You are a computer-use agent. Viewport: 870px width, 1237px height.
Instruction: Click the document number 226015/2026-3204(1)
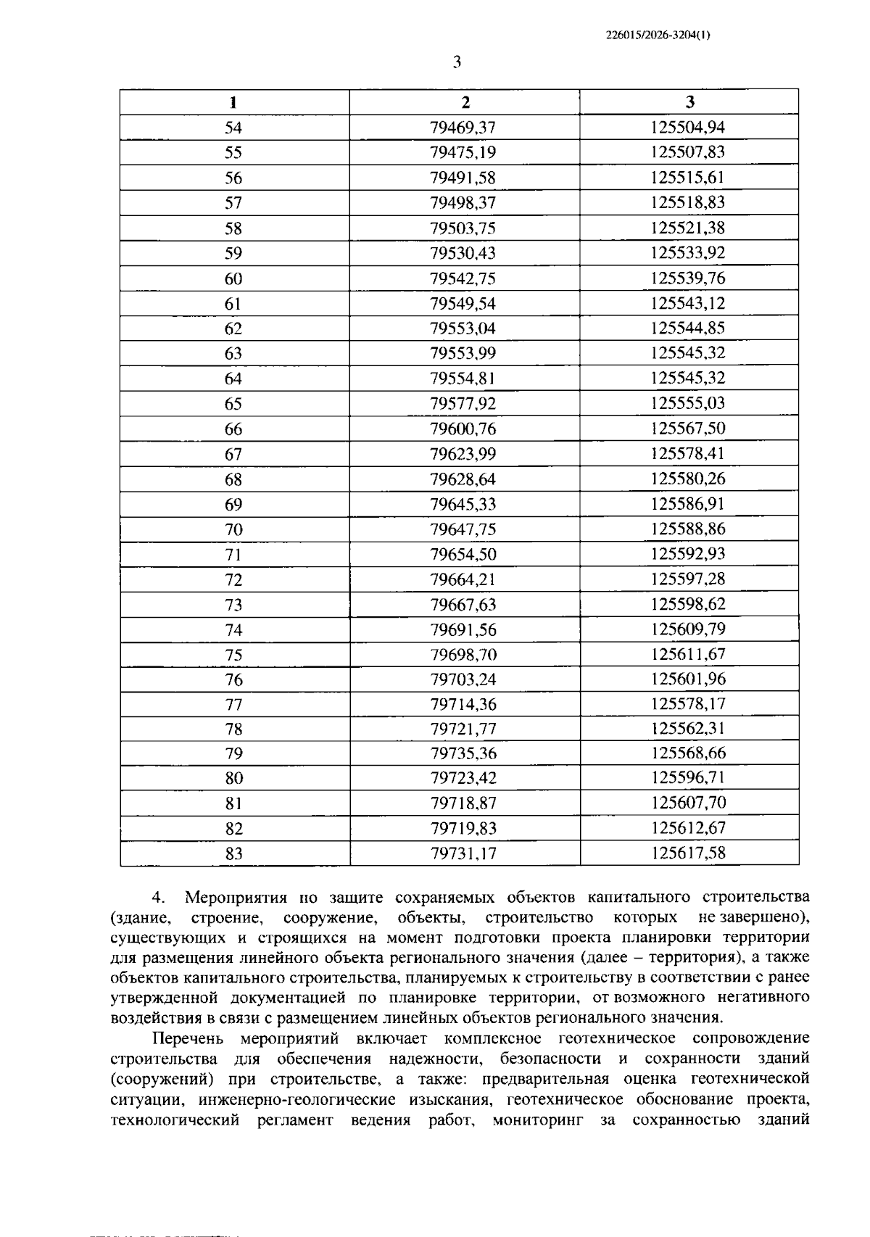[658, 34]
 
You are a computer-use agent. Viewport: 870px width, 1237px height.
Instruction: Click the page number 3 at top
[457, 62]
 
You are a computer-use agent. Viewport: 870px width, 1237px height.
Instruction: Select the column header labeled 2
[465, 102]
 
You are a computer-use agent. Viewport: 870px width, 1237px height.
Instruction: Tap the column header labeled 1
[233, 102]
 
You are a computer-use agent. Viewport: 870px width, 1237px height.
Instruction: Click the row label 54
[233, 128]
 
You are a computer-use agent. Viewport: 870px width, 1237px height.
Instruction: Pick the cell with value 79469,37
[463, 128]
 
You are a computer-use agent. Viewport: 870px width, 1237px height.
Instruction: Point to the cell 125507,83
[687, 152]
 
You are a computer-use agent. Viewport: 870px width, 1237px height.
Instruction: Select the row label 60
[233, 278]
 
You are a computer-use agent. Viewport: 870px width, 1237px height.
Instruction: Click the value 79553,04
[463, 328]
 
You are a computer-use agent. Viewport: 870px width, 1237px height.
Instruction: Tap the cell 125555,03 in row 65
[687, 403]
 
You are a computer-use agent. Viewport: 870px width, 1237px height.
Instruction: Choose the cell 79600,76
[463, 429]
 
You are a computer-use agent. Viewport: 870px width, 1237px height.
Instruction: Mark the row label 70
[233, 529]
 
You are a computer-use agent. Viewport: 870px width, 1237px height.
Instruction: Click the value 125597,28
[687, 579]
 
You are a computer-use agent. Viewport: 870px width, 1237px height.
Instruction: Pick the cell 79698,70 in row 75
[463, 655]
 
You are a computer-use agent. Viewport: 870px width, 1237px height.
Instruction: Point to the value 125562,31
[687, 729]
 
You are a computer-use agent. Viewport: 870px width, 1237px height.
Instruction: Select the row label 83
[233, 853]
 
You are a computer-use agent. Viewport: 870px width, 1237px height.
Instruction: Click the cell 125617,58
[687, 853]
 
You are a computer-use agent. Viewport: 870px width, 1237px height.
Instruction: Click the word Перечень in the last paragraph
[190, 1039]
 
